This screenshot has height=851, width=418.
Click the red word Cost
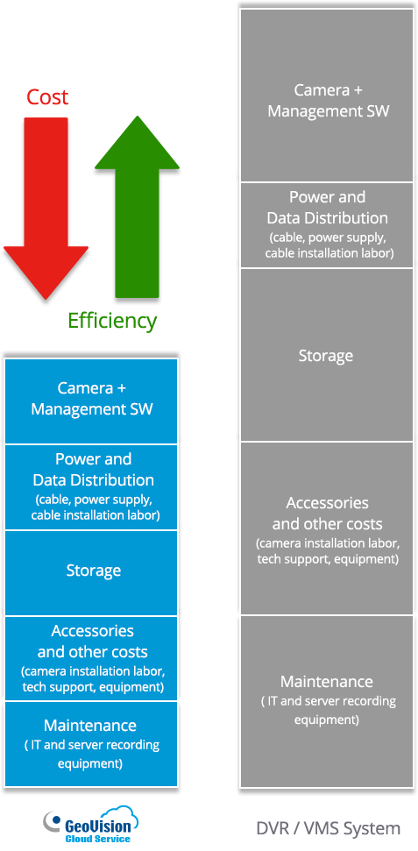(x=48, y=97)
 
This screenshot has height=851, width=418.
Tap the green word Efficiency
(x=112, y=321)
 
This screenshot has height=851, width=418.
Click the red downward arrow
(x=46, y=209)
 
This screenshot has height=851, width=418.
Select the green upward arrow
(x=137, y=207)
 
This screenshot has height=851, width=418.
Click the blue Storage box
(x=91, y=573)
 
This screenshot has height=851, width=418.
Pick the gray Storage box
(x=327, y=355)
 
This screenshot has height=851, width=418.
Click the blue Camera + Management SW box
(x=91, y=401)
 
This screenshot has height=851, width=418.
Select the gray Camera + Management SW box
(x=327, y=95)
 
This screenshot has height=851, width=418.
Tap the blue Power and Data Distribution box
(x=91, y=487)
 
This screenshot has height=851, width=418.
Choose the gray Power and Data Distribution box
(x=327, y=225)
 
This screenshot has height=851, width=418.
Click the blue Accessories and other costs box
(x=91, y=658)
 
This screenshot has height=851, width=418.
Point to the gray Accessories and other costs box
(x=327, y=528)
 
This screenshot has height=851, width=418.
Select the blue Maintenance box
(x=91, y=744)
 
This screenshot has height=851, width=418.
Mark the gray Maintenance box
(x=327, y=701)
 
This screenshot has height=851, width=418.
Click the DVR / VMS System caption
(x=329, y=829)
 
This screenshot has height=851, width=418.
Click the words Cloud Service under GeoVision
(x=98, y=839)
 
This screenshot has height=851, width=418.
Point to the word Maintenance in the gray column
(x=327, y=682)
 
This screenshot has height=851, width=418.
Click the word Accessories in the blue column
(x=92, y=631)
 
